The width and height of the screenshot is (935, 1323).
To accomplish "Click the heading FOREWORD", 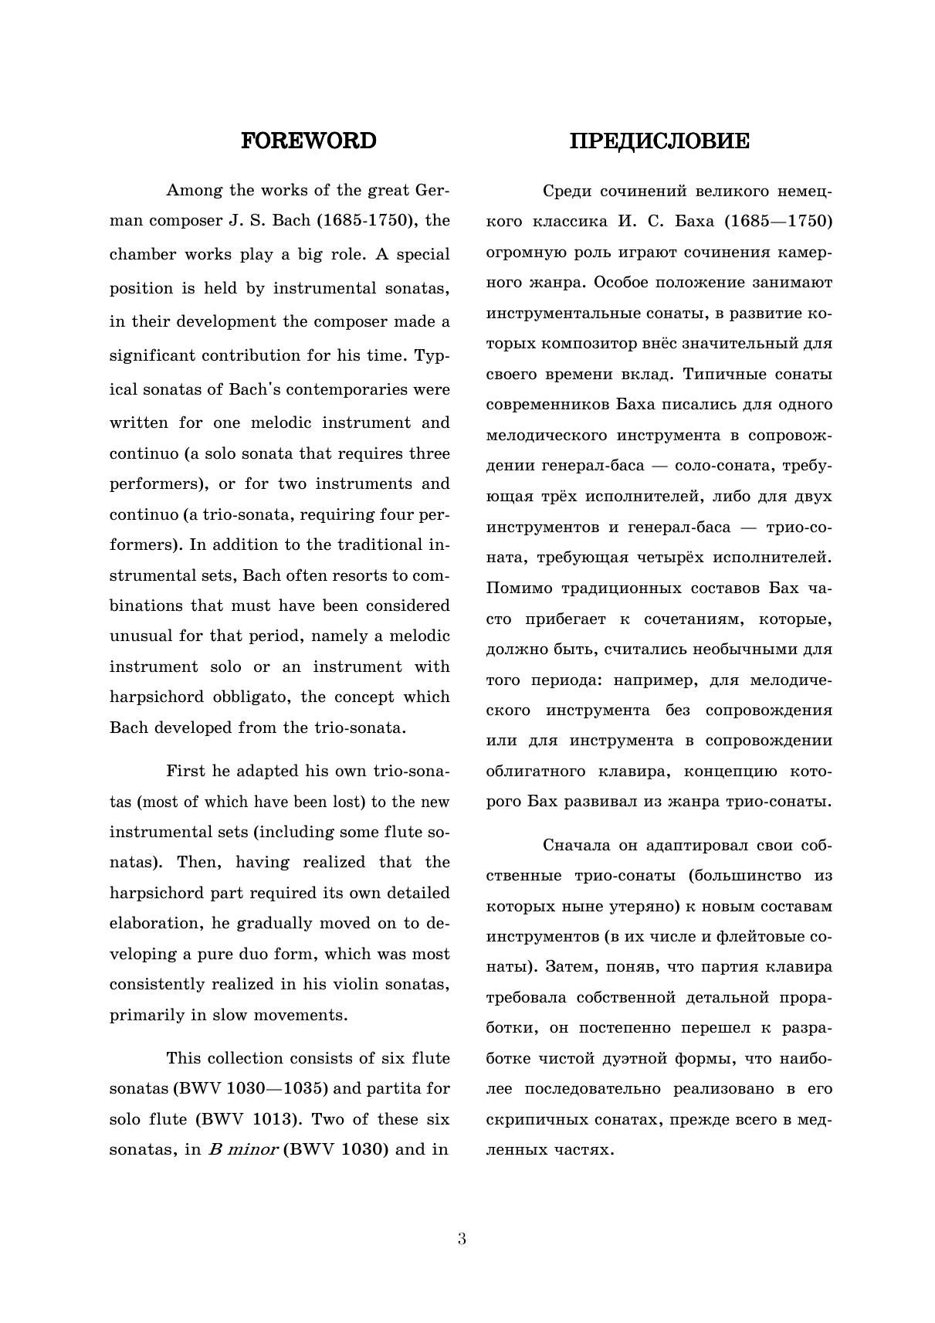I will [309, 141].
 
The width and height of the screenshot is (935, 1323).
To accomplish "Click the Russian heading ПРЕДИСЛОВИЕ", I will [659, 141].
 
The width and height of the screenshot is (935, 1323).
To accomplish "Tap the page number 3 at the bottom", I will [462, 1239].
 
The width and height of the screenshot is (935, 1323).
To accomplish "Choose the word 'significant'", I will [151, 355].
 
